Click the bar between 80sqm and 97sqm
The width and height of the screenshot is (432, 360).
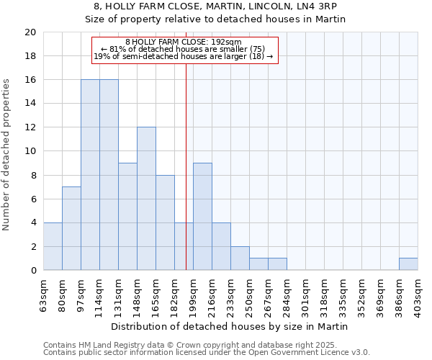71,228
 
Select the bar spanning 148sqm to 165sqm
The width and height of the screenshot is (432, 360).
146,199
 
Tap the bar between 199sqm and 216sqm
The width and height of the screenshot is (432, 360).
202,217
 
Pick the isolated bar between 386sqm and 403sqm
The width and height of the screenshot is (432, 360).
408,264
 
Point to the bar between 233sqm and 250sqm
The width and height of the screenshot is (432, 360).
240,258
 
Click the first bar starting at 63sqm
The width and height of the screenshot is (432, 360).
53,246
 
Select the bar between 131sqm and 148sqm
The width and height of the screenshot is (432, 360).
127,217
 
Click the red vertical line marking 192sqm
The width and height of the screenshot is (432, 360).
186,158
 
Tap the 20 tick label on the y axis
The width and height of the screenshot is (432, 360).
30,32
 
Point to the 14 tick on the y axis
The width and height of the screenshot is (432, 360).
30,104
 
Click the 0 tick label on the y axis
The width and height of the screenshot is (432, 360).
32,271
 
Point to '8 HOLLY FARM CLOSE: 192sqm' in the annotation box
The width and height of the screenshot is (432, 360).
184,42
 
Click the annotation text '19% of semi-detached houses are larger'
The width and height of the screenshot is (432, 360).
184,56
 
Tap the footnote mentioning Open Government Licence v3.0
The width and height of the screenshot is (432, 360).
207,353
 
